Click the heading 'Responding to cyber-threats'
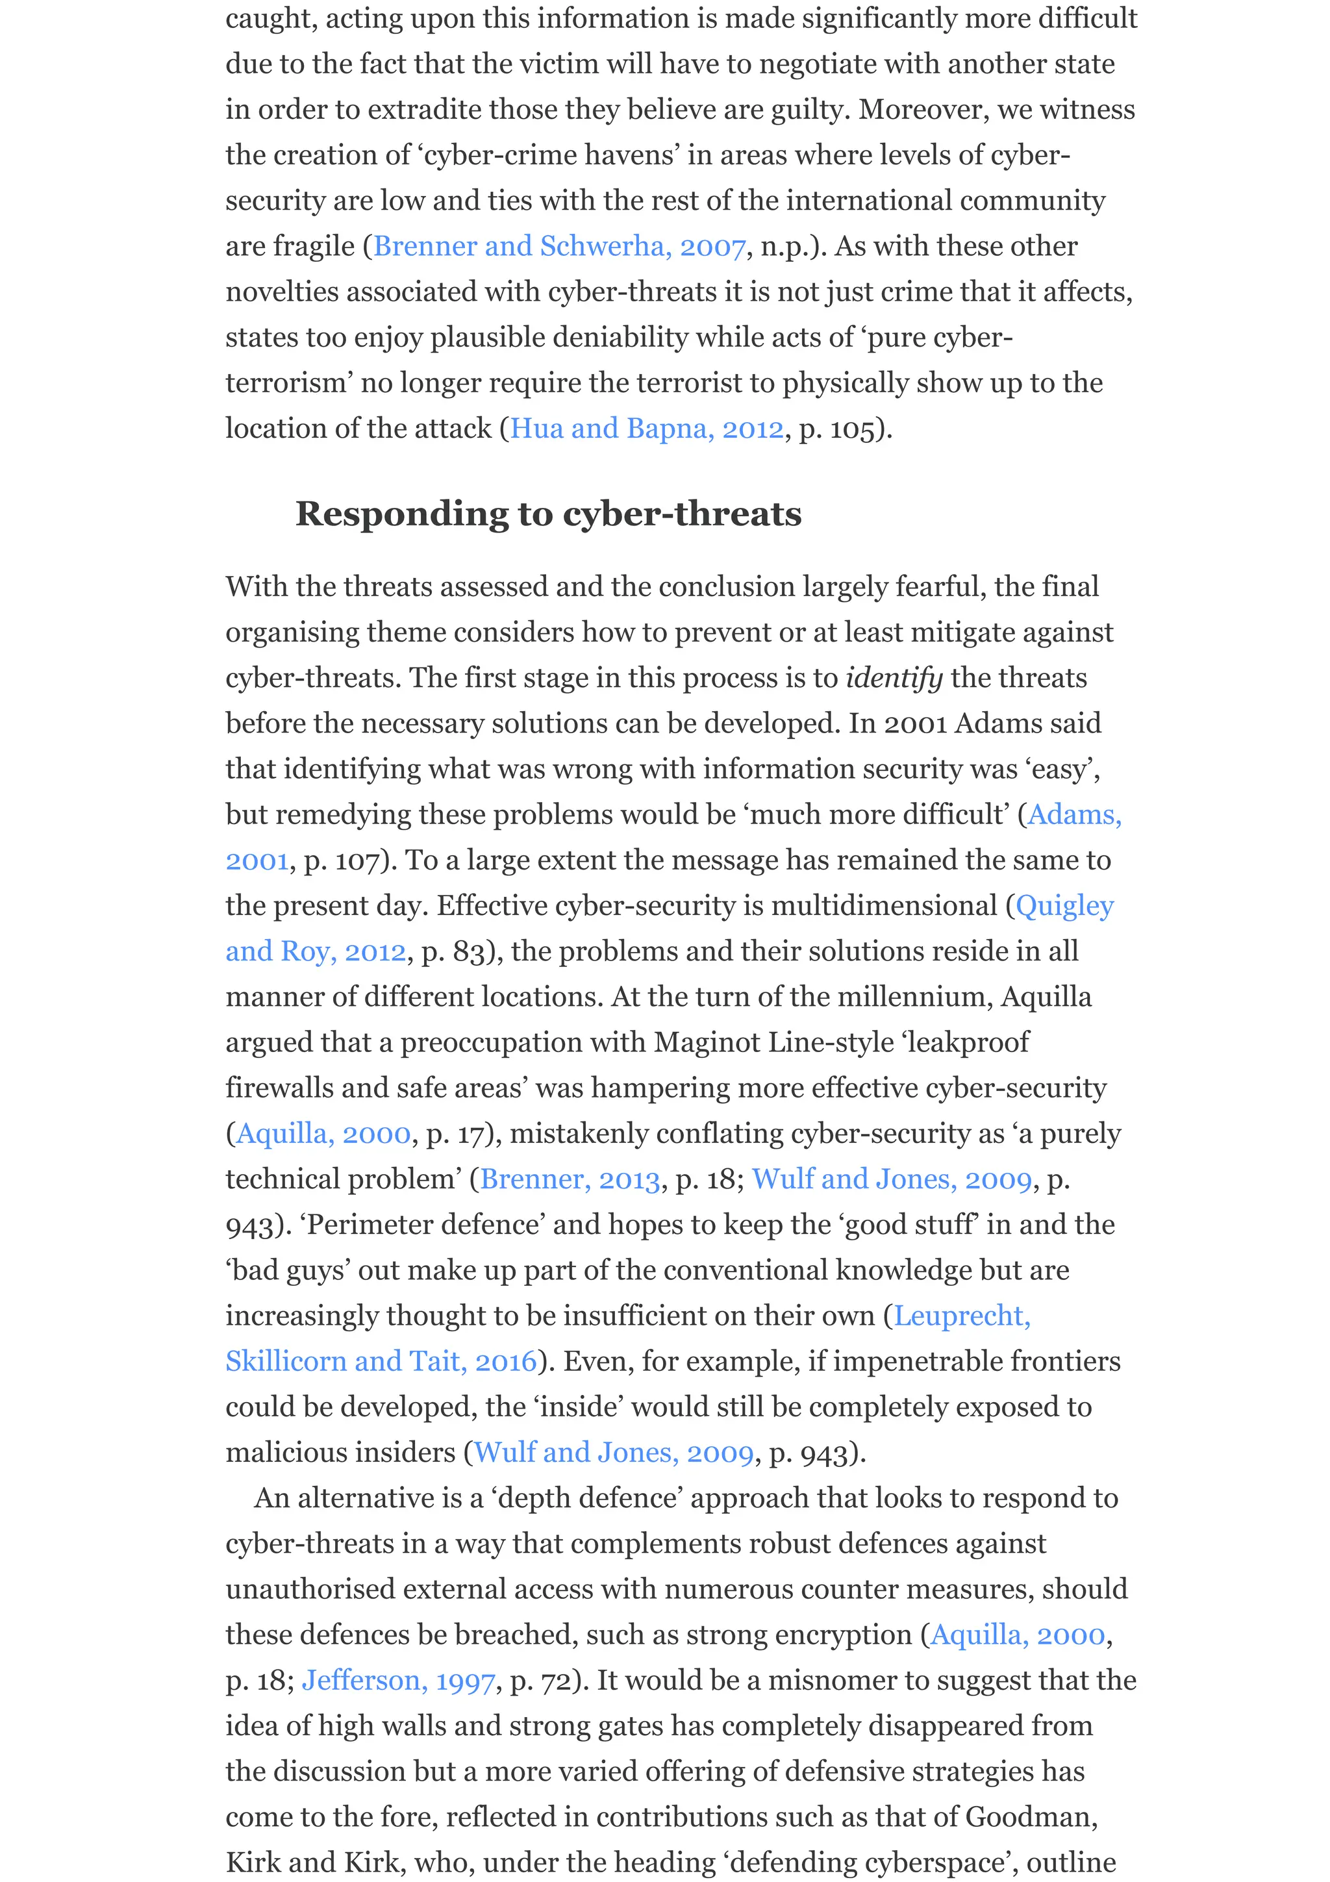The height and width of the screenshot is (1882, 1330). point(547,514)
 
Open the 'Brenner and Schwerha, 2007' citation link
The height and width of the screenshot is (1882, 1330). point(559,246)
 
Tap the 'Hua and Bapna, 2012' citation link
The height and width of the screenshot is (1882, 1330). point(647,429)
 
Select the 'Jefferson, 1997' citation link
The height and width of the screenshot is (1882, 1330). point(398,1681)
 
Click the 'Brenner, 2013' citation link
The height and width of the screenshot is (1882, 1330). point(570,1179)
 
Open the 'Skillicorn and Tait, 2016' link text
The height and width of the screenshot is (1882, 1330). point(381,1362)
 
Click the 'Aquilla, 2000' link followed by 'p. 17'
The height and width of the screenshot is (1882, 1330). point(323,1134)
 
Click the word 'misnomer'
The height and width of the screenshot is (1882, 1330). point(832,1681)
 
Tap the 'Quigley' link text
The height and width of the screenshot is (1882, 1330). point(1064,906)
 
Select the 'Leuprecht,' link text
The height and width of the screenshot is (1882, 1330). point(961,1316)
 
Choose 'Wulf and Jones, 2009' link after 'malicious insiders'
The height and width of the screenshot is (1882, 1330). point(613,1453)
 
